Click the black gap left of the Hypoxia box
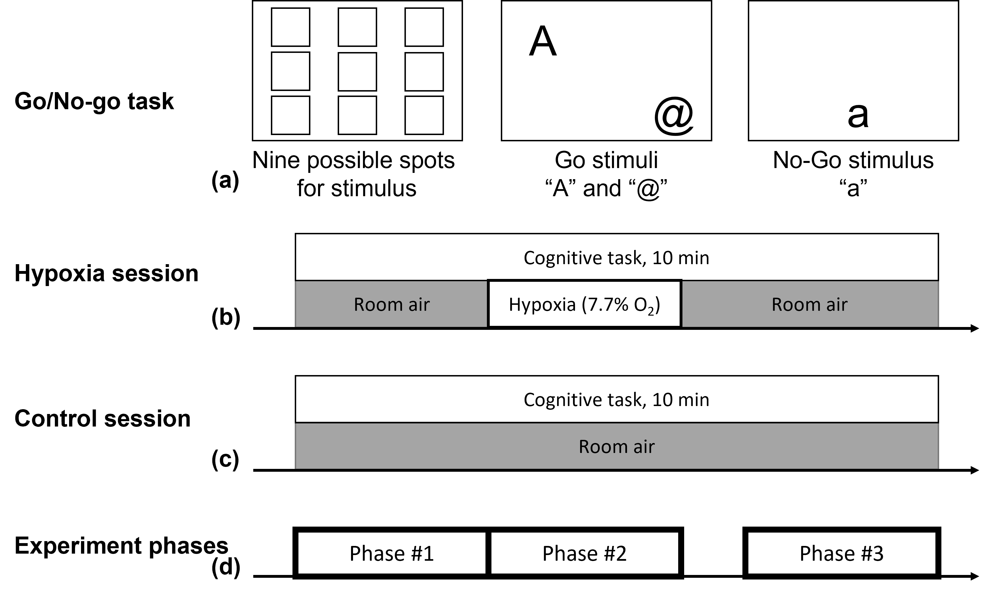click(x=488, y=304)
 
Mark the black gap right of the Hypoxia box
click(x=681, y=304)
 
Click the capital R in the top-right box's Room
click(x=777, y=305)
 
